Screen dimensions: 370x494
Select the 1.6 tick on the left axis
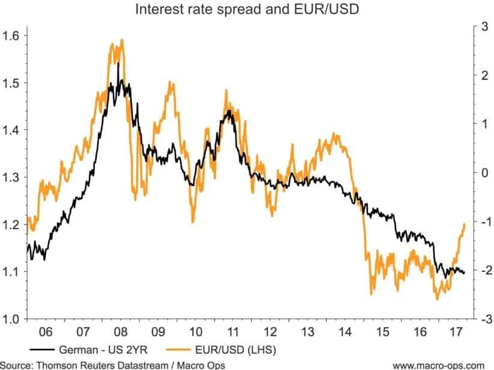12,35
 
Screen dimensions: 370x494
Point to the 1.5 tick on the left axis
12,82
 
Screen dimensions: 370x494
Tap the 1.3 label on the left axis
12,177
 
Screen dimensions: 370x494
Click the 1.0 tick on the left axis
12,318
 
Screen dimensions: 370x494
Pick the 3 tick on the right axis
483,26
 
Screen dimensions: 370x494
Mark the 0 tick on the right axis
483,173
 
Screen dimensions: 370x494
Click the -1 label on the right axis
482,221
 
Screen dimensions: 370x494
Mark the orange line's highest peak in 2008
122,40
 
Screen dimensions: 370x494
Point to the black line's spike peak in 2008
118,63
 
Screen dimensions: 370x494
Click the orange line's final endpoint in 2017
465,223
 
